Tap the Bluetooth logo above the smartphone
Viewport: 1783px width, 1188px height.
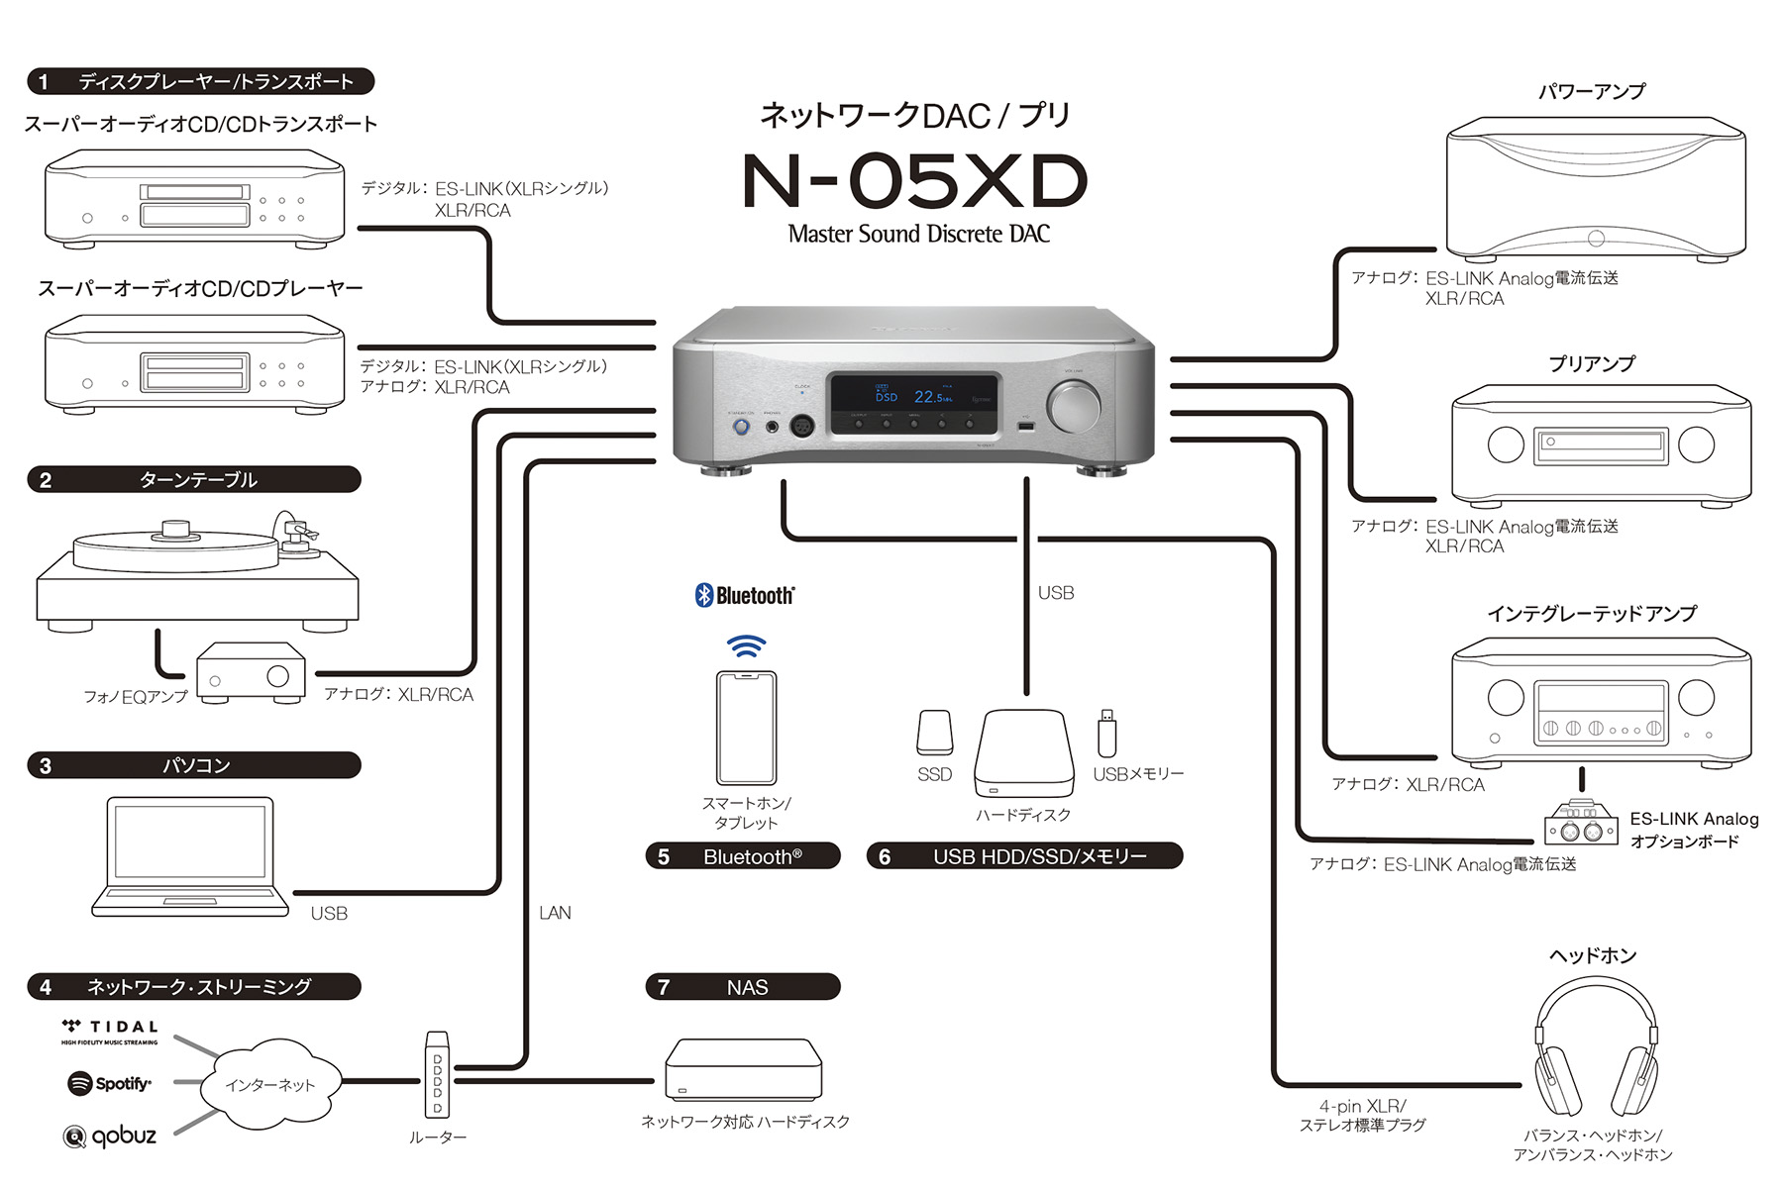click(x=745, y=595)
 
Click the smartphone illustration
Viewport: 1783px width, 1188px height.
click(x=746, y=728)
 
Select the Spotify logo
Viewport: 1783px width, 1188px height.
click(x=109, y=1083)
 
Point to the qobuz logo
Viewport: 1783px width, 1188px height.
click(x=110, y=1136)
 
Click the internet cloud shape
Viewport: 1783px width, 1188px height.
click(x=269, y=1085)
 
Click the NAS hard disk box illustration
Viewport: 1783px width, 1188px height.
click(x=743, y=1069)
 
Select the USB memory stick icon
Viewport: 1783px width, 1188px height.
click(x=1106, y=734)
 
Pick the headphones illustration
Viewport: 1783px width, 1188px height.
click(x=1595, y=1049)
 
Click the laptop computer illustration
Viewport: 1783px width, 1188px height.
click(x=188, y=856)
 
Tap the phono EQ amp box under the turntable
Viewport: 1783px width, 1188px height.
click(x=250, y=673)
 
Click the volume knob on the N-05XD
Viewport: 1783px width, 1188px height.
click(x=1073, y=407)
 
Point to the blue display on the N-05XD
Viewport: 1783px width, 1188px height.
click(x=913, y=395)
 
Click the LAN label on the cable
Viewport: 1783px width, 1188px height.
click(x=555, y=913)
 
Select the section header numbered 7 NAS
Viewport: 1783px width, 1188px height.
click(x=743, y=987)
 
